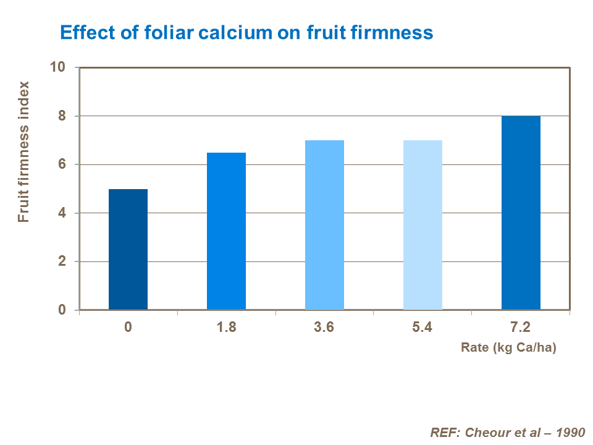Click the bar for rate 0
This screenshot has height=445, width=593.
[x=128, y=249]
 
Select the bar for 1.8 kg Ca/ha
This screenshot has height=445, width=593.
[x=226, y=231]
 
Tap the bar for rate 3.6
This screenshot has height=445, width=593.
[x=324, y=225]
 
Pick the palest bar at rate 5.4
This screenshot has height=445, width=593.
[x=423, y=225]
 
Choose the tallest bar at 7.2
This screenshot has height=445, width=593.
[x=521, y=213]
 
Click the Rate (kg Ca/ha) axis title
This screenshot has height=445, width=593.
[x=508, y=348]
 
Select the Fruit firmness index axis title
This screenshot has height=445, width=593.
[x=23, y=151]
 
